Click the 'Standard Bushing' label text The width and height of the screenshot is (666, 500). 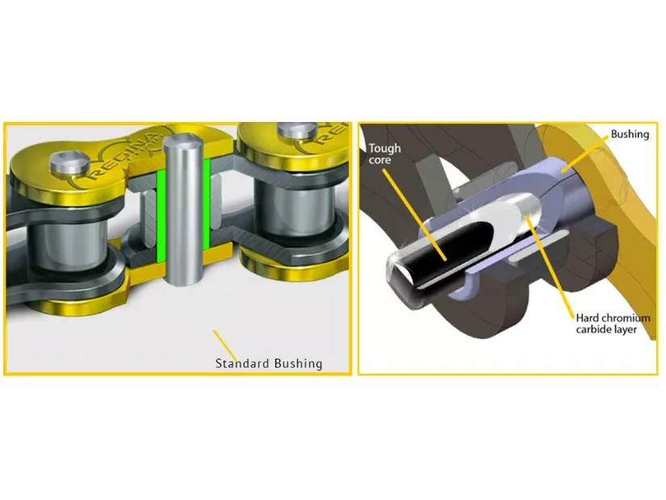tap(269, 363)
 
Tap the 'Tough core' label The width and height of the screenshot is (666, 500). tap(384, 154)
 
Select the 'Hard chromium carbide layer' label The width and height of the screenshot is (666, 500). tap(613, 324)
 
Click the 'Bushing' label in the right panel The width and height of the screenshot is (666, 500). tap(630, 134)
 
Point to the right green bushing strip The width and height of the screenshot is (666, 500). tap(207, 204)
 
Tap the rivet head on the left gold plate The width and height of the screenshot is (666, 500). tap(69, 163)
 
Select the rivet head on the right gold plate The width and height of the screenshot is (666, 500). tap(297, 131)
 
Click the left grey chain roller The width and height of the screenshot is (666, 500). tap(68, 249)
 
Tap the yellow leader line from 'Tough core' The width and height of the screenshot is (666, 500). tap(414, 214)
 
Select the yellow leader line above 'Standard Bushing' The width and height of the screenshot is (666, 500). tap(224, 344)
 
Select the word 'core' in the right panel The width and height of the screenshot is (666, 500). tap(379, 160)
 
